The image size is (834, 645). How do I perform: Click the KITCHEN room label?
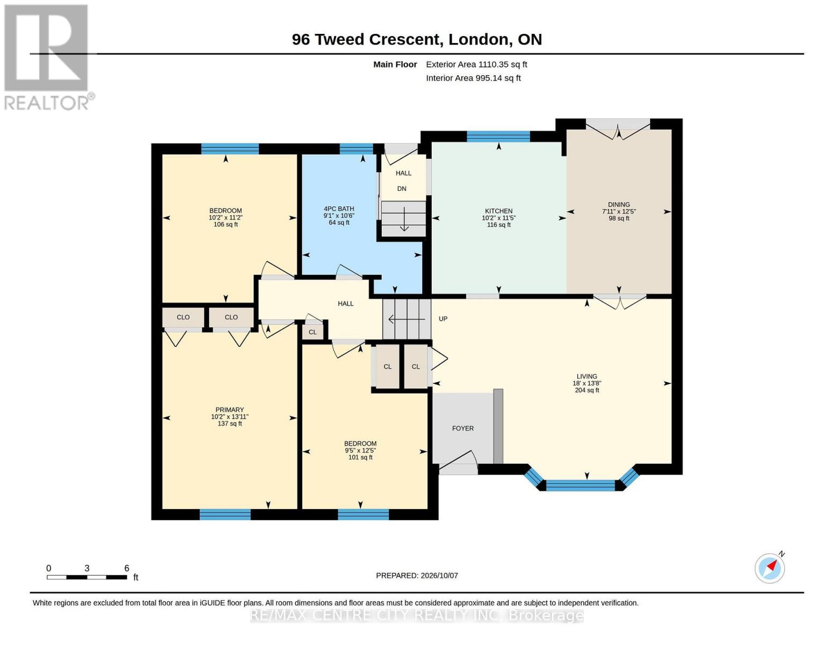498,211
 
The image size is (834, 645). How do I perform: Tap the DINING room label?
619,204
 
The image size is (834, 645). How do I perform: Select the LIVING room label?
587,376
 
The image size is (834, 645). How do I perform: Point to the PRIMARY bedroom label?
229,410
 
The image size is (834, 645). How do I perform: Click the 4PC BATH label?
339,209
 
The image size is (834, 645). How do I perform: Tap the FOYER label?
463,428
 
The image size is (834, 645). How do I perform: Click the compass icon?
770,568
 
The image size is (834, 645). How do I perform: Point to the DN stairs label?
402,189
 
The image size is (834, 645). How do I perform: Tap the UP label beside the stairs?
443,319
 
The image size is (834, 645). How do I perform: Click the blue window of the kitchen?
498,137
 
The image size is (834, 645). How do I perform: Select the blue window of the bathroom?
356,149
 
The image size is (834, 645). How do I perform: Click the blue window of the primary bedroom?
226,514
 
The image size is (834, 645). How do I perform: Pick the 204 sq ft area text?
587,390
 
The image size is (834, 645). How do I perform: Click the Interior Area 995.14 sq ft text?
473,78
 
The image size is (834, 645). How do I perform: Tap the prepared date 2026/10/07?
439,576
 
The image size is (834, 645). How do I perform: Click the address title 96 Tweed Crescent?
366,39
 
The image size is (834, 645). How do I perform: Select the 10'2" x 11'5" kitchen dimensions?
498,218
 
